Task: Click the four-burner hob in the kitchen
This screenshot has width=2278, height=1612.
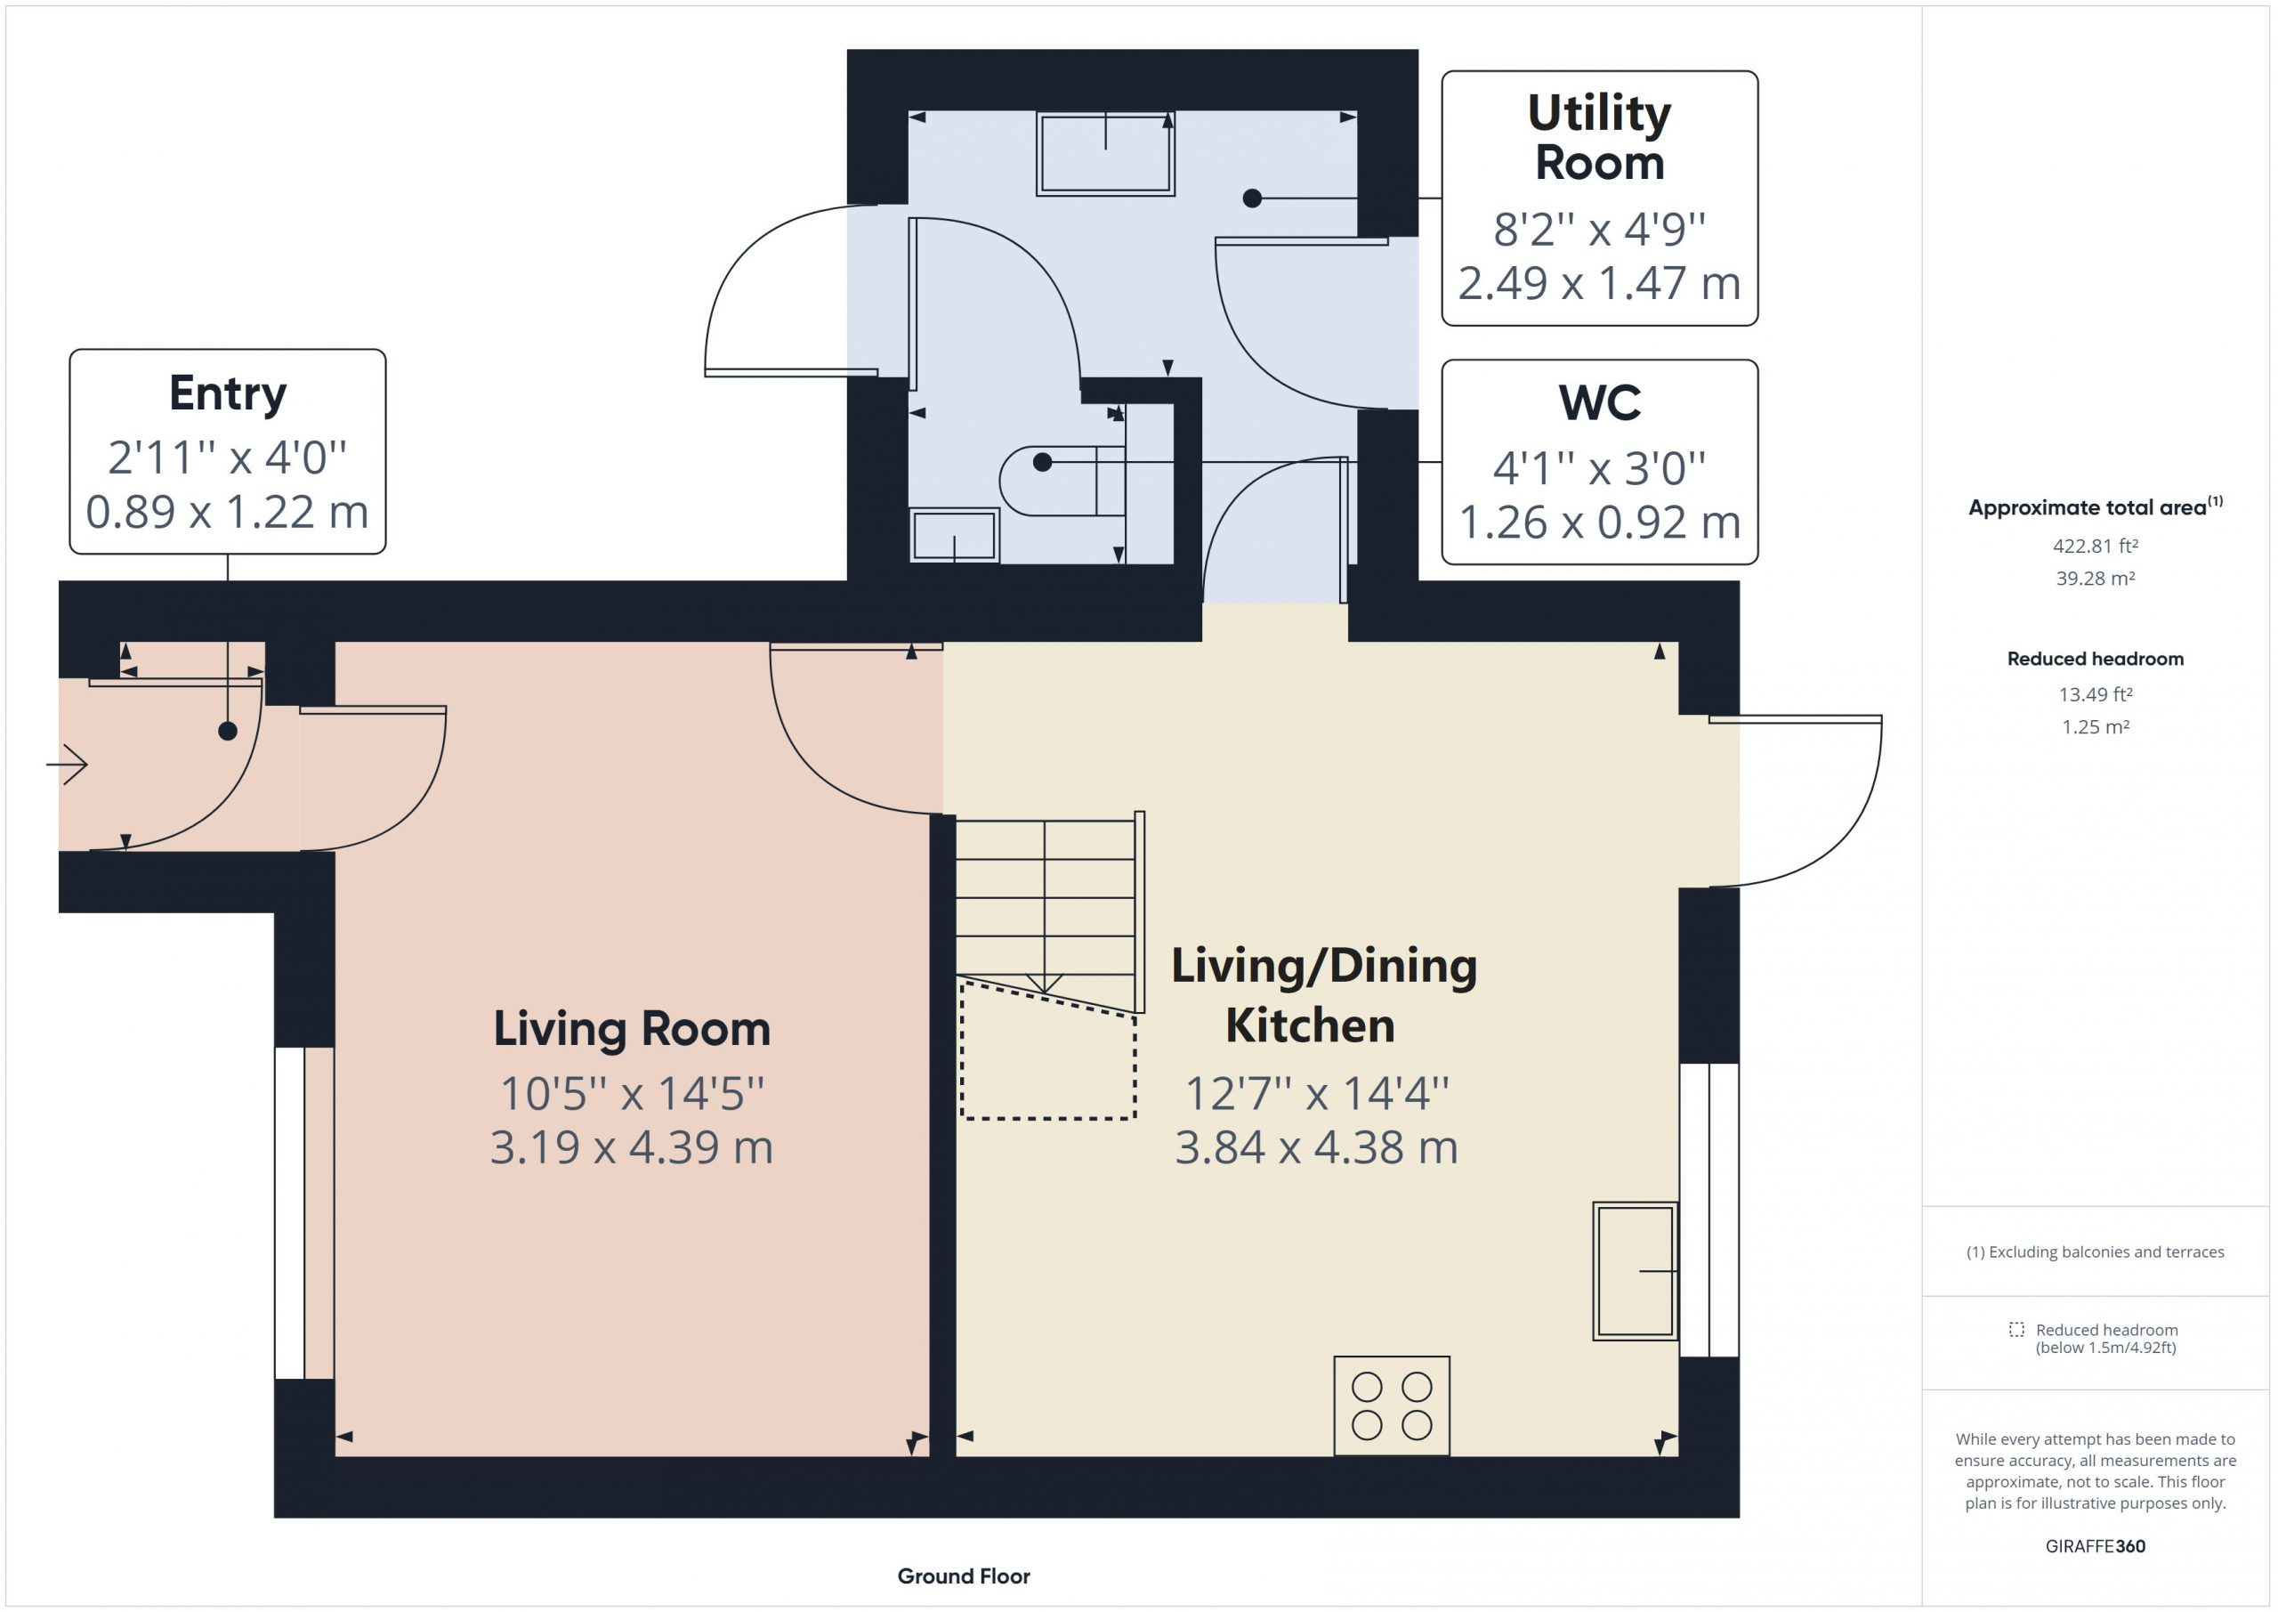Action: point(1391,1405)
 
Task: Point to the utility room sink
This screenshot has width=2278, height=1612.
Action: point(1105,153)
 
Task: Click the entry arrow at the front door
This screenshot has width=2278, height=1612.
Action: point(68,765)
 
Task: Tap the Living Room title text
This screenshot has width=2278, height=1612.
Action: point(632,1029)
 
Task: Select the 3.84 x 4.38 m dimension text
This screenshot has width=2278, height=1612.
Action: point(1317,1147)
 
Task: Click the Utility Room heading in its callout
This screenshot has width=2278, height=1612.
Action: point(1599,137)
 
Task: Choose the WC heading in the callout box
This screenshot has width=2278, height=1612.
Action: point(1599,402)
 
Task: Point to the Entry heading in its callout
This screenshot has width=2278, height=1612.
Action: point(228,394)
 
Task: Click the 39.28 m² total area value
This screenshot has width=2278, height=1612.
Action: point(2096,578)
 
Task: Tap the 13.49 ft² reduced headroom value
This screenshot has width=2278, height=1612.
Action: point(2096,693)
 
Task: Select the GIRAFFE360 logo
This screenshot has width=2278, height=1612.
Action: point(2096,1545)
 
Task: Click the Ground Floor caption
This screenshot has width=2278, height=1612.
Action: point(964,1576)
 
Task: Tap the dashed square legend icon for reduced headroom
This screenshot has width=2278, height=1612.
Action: point(2016,1329)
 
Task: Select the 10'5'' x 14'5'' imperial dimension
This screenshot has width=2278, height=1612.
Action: point(632,1094)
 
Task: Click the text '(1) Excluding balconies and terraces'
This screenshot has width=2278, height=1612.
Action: point(2096,1252)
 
